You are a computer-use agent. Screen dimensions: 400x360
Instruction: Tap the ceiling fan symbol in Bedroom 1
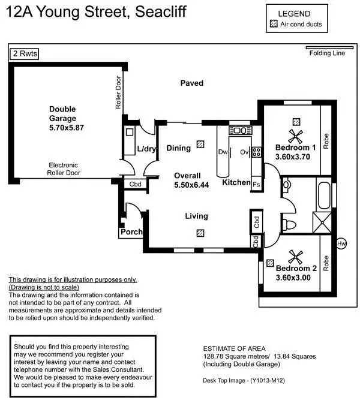(x=294, y=136)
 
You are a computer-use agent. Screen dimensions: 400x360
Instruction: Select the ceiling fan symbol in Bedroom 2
(x=295, y=257)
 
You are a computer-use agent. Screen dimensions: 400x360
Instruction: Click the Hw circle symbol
(x=341, y=243)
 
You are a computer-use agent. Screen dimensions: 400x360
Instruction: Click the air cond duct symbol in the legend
(x=274, y=25)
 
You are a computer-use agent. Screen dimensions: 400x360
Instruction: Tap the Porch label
(x=130, y=231)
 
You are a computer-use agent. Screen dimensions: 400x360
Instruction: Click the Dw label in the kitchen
(x=223, y=152)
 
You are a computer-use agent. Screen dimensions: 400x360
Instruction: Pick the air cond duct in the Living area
(x=200, y=233)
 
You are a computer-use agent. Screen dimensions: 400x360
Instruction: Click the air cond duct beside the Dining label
(x=201, y=144)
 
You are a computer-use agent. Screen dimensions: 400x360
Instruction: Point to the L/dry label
(x=147, y=149)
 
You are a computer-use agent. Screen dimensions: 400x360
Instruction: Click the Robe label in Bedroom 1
(x=326, y=140)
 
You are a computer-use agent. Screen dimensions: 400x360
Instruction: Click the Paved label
(x=192, y=83)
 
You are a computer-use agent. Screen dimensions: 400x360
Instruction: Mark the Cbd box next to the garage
(x=136, y=184)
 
